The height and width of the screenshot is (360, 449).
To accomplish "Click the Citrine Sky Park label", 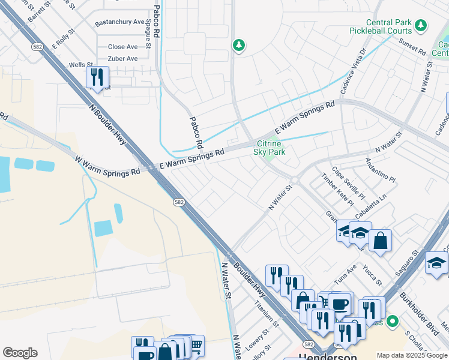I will coord(270,148).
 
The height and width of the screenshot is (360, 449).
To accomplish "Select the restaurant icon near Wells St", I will coord(96,77).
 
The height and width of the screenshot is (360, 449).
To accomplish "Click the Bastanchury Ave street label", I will coord(120,22).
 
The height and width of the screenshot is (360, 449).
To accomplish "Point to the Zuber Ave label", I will coord(122,59).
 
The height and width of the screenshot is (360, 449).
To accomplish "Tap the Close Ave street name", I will coord(122,47).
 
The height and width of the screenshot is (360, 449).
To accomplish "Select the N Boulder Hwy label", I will coord(106,127).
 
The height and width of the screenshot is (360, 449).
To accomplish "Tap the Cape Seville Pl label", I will coord(348,183).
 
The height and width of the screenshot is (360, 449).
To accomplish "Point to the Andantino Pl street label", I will coord(381,170).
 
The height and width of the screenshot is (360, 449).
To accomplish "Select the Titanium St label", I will coord(267,314).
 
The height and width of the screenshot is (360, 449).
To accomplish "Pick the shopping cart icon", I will coord(196,345).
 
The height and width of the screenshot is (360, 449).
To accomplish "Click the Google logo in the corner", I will coord(20,353).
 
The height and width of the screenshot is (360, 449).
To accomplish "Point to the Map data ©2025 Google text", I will coord(412,355).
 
